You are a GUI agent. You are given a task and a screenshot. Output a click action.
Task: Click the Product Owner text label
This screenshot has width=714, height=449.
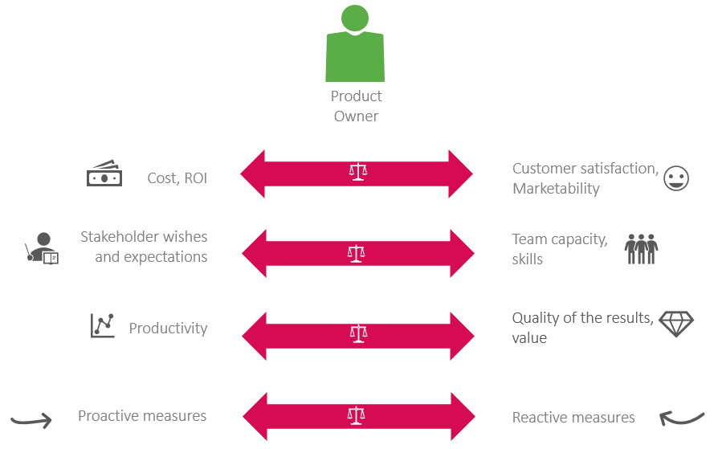point(356,106)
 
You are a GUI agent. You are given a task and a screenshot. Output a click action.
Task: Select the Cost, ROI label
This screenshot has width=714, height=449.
point(177,178)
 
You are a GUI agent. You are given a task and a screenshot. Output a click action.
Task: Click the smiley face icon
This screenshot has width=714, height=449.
point(676,178)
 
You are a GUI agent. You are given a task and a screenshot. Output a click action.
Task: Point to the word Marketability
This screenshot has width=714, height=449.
point(556,189)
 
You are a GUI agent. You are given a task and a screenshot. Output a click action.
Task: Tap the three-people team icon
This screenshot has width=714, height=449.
point(641,249)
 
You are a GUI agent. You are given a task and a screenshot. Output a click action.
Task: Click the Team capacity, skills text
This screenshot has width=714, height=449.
point(559,249)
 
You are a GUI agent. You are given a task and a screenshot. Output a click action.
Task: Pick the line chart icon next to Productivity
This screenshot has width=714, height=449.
point(103,325)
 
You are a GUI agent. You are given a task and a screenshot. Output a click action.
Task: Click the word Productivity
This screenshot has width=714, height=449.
point(168,329)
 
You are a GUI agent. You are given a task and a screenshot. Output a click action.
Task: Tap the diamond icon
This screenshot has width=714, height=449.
point(675,323)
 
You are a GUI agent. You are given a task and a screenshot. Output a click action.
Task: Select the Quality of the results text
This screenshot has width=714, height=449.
point(582,318)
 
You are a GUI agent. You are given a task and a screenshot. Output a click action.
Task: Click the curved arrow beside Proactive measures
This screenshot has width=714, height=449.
point(31,418)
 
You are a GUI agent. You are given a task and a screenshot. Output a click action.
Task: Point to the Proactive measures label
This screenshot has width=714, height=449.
point(142,416)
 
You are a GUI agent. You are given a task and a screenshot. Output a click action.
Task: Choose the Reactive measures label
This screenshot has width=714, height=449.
point(573,418)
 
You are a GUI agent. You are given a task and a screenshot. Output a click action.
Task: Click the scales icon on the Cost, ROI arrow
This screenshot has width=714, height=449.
point(357,172)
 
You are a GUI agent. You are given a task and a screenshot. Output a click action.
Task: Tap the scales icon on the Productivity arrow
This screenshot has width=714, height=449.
point(357,333)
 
